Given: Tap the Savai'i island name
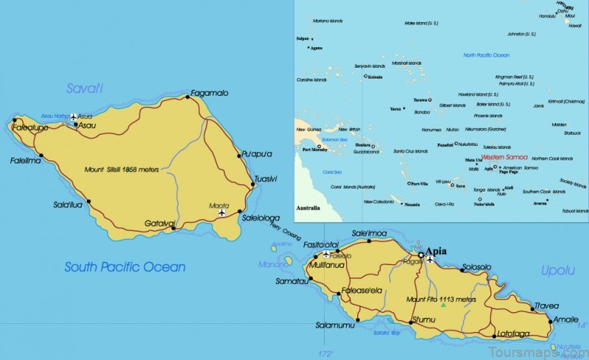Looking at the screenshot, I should click(85, 89).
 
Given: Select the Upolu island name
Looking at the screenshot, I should click(557, 271).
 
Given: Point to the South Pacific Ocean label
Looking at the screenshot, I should click(124, 267).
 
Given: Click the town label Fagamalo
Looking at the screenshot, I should click(209, 93).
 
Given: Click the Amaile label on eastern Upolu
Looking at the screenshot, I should click(565, 320).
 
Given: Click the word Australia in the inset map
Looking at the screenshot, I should click(308, 208).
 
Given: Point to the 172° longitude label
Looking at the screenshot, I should click(326, 353).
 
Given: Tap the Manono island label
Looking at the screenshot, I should click(272, 264).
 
